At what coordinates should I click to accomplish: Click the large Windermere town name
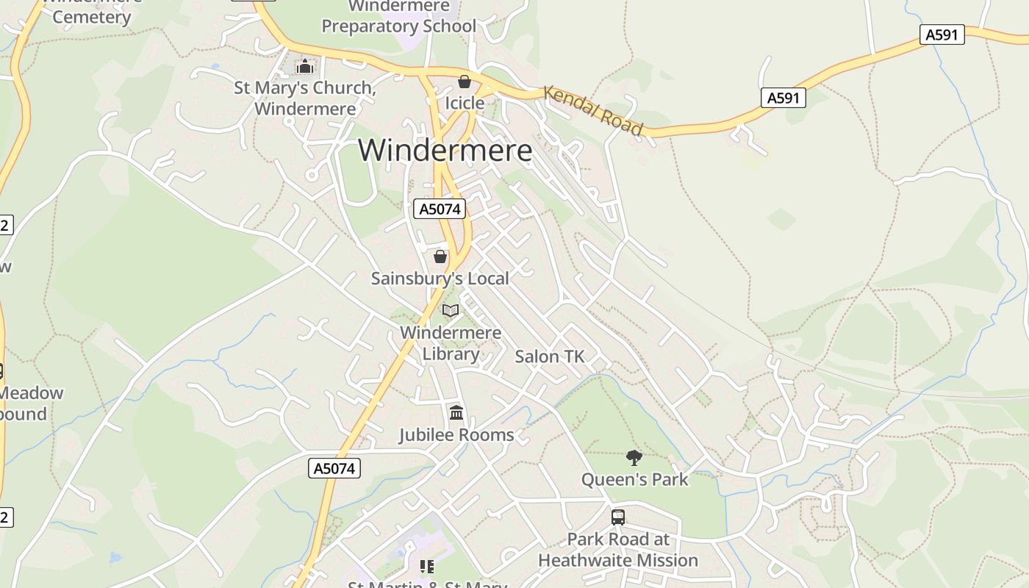tap(445, 151)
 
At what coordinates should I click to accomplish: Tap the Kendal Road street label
tap(593, 110)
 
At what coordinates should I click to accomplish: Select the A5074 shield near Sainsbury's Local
tap(440, 209)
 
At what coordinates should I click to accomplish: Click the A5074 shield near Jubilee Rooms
tap(334, 468)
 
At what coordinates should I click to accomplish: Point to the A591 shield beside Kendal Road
tap(783, 98)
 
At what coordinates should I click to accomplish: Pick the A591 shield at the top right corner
tap(942, 34)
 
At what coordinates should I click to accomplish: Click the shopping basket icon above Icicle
tap(465, 81)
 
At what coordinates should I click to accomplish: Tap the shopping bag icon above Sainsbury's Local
tap(440, 257)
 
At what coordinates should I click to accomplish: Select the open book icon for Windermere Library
tap(451, 311)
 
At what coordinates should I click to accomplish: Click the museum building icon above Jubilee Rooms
tap(456, 412)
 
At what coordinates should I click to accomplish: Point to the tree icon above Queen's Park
tap(634, 458)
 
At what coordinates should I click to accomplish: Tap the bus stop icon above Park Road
tap(618, 517)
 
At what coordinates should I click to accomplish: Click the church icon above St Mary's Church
tap(305, 66)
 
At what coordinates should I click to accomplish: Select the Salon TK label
tap(549, 356)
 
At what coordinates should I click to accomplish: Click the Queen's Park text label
tap(634, 480)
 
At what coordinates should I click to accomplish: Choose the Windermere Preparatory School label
tap(399, 17)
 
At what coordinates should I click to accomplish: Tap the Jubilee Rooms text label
tap(456, 435)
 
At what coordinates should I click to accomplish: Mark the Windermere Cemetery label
tap(92, 11)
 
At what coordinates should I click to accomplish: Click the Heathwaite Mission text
tap(618, 560)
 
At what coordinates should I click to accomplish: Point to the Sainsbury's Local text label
tap(440, 279)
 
